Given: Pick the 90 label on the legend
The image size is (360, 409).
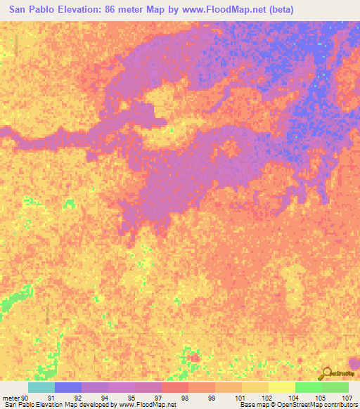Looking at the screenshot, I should click(27, 398).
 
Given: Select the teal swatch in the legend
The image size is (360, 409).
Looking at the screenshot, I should click(41, 387).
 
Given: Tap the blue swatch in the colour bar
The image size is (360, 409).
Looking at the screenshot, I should click(68, 387).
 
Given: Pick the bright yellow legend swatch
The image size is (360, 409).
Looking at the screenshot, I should click(282, 387).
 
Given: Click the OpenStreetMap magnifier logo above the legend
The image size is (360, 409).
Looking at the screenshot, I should click(327, 374).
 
